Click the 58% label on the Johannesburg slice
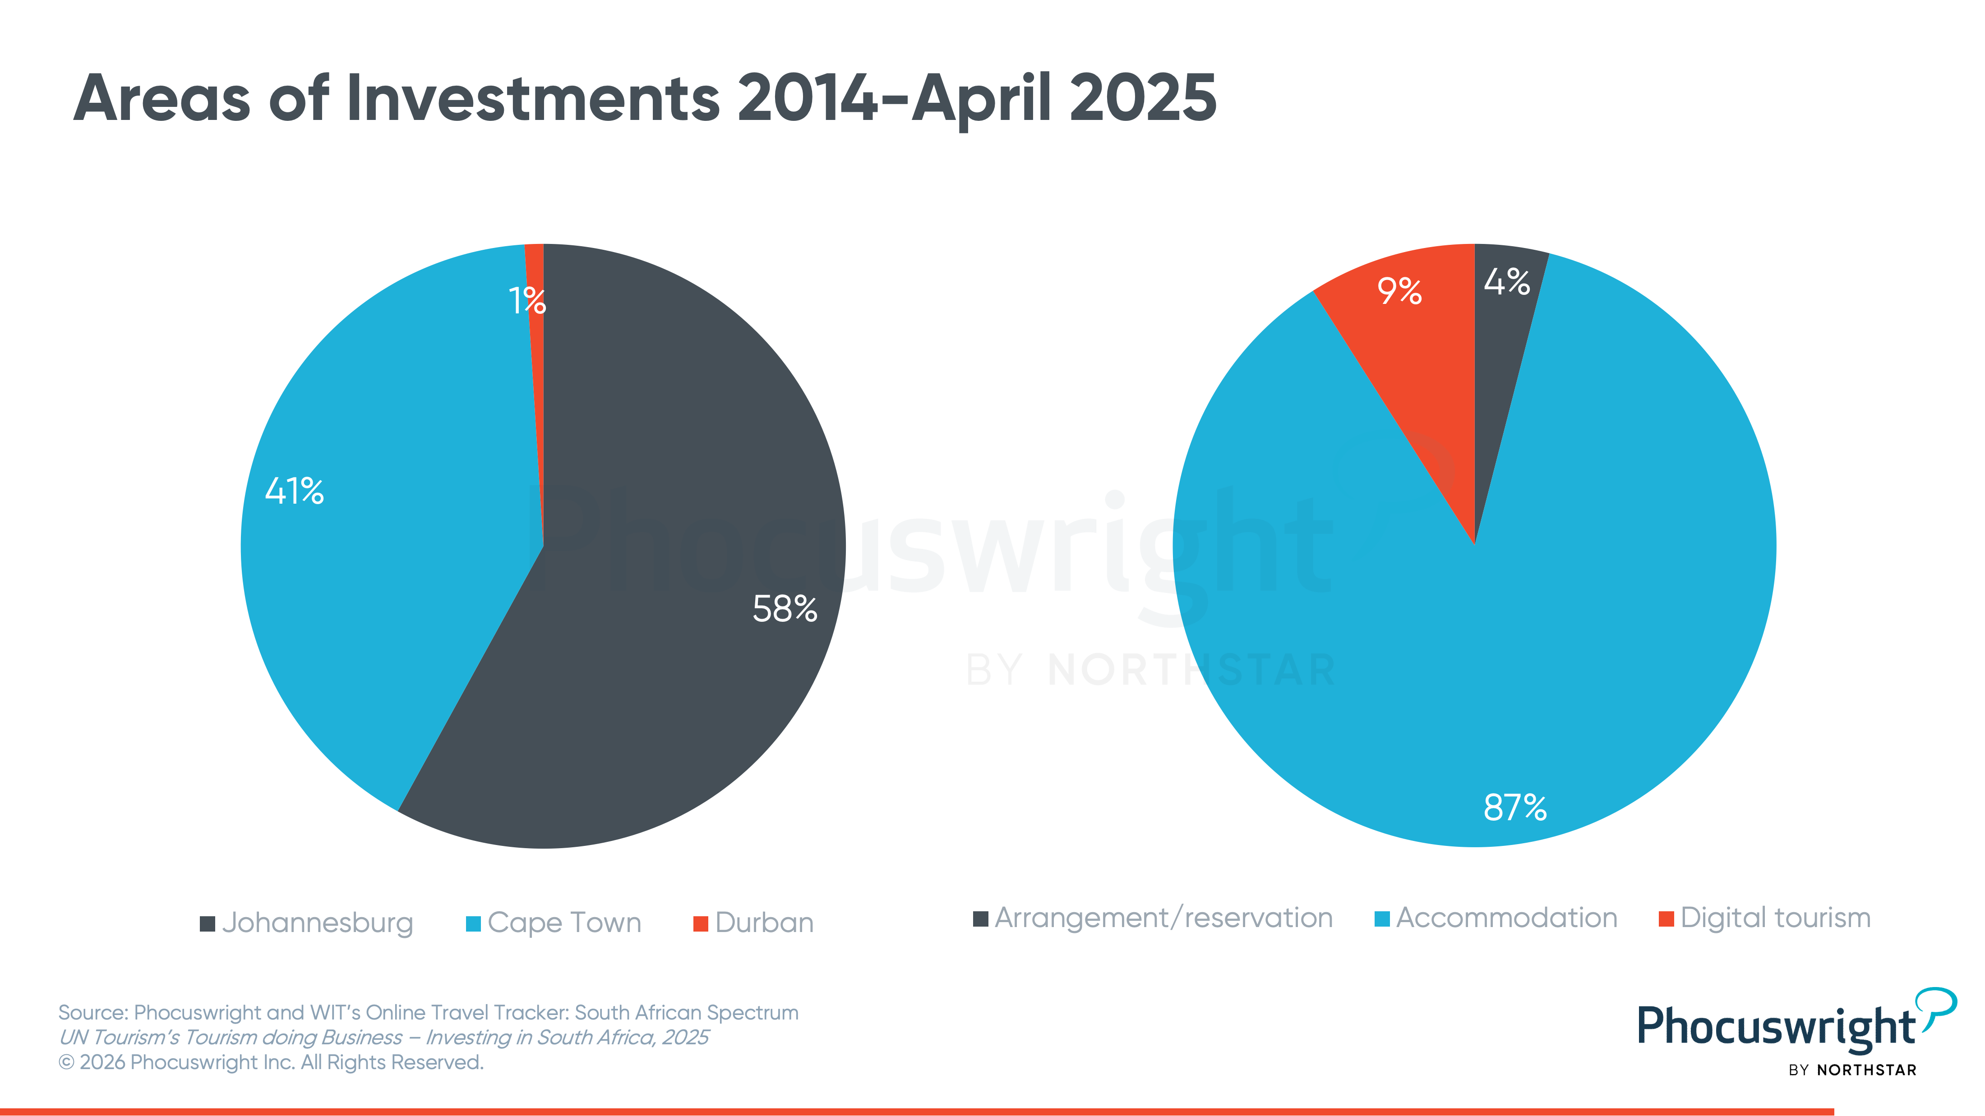785,608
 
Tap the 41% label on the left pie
294,491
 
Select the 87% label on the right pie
1515,807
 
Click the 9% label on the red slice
1399,290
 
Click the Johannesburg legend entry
307,923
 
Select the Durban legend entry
753,923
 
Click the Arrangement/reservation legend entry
1153,918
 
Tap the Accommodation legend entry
1496,918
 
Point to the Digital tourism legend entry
1764,918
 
